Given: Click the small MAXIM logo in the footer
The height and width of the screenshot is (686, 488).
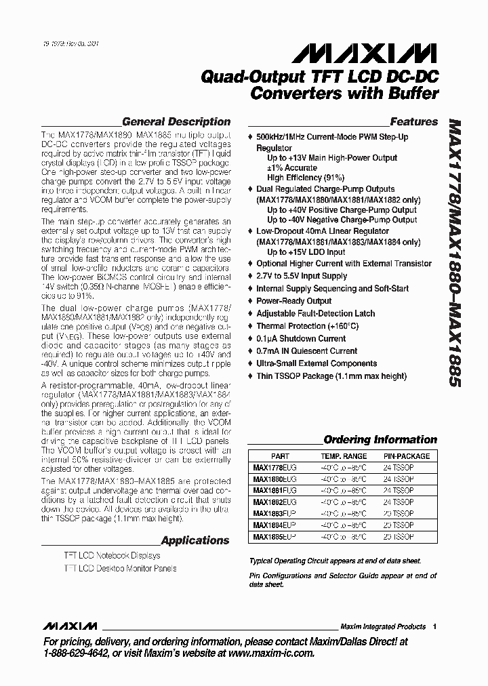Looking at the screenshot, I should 70,626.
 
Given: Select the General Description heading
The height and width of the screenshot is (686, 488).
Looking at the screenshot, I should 176,122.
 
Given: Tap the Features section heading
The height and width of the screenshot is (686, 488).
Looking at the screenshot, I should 413,122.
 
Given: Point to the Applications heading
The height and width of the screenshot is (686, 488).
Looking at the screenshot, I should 195,540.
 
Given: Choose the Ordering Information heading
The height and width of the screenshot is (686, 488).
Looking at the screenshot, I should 380,439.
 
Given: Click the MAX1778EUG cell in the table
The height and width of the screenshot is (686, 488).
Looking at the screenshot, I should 274,467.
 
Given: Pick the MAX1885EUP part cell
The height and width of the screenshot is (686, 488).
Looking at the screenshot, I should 274,536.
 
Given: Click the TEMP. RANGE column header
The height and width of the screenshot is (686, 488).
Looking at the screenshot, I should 344,456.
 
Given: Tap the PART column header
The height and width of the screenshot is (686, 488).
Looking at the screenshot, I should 279,456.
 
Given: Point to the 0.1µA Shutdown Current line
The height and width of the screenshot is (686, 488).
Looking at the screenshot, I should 301,338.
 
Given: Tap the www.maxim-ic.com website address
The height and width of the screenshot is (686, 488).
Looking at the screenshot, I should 266,653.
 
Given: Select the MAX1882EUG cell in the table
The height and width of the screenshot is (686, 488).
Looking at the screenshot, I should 274,502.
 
